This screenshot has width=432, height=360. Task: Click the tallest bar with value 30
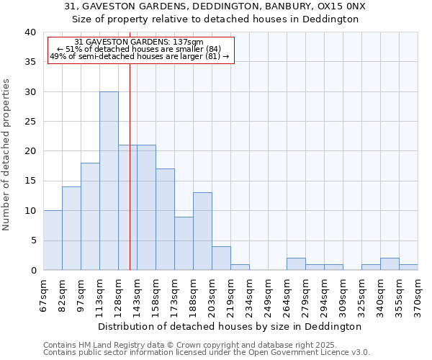109,181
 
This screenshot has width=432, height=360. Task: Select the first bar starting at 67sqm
53,240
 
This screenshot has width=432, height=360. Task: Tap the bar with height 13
202,231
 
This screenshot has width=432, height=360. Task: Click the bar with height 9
184,243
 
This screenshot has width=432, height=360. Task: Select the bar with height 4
221,258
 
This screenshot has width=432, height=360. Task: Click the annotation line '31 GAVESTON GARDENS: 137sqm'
139,42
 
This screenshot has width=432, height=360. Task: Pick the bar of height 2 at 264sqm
296,264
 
